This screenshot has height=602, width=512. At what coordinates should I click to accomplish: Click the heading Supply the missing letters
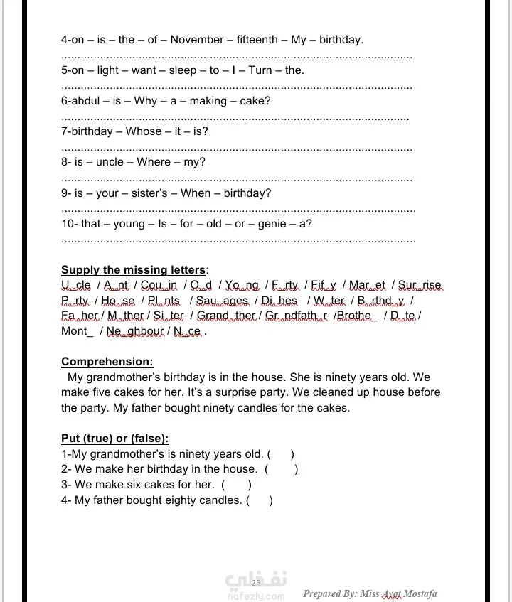coord(134,270)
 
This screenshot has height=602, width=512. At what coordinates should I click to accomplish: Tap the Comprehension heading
coord(107,362)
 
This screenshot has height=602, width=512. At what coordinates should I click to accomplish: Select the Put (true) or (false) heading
coord(114,439)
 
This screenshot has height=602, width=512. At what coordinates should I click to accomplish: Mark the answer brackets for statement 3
coord(236,485)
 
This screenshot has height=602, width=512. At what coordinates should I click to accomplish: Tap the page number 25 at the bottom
coord(256,583)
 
